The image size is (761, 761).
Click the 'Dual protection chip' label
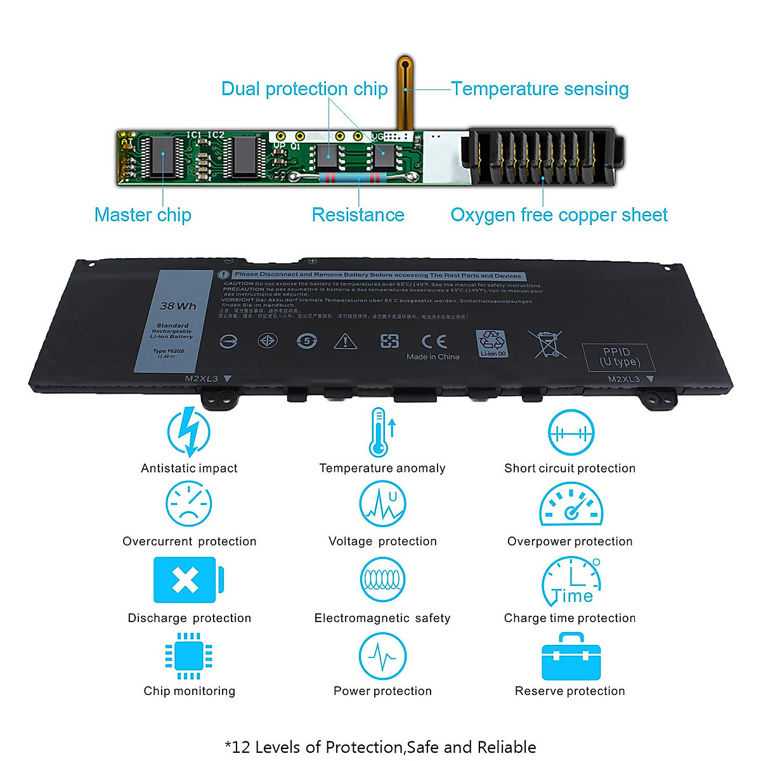point(304,89)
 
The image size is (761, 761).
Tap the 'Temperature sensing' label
point(540,89)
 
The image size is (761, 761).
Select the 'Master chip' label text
point(143,215)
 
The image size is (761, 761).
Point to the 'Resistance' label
point(358,215)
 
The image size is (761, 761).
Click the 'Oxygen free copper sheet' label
point(559,215)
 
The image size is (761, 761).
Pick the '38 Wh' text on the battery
point(178,306)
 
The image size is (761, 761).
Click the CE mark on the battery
point(434,341)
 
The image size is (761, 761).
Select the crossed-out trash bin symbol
point(547,344)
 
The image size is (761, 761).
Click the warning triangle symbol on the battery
point(345,342)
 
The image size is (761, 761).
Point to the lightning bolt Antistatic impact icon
point(188,432)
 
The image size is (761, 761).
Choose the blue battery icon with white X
point(187,580)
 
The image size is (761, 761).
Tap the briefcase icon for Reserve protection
point(571,657)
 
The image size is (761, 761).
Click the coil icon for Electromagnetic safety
point(382,580)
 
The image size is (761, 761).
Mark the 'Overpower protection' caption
point(569,542)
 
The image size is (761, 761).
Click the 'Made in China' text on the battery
point(433,357)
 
